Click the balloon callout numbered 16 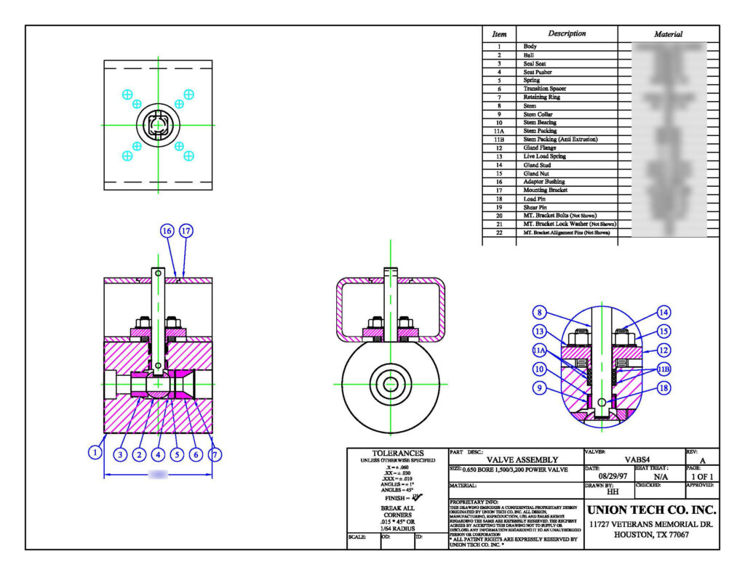click(167, 230)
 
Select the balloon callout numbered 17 click(186, 230)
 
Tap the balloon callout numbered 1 click(95, 452)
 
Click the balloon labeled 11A click(539, 350)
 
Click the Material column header click(668, 34)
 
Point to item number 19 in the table click(499, 207)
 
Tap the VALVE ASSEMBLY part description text click(522, 459)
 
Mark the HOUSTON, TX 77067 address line click(651, 535)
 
